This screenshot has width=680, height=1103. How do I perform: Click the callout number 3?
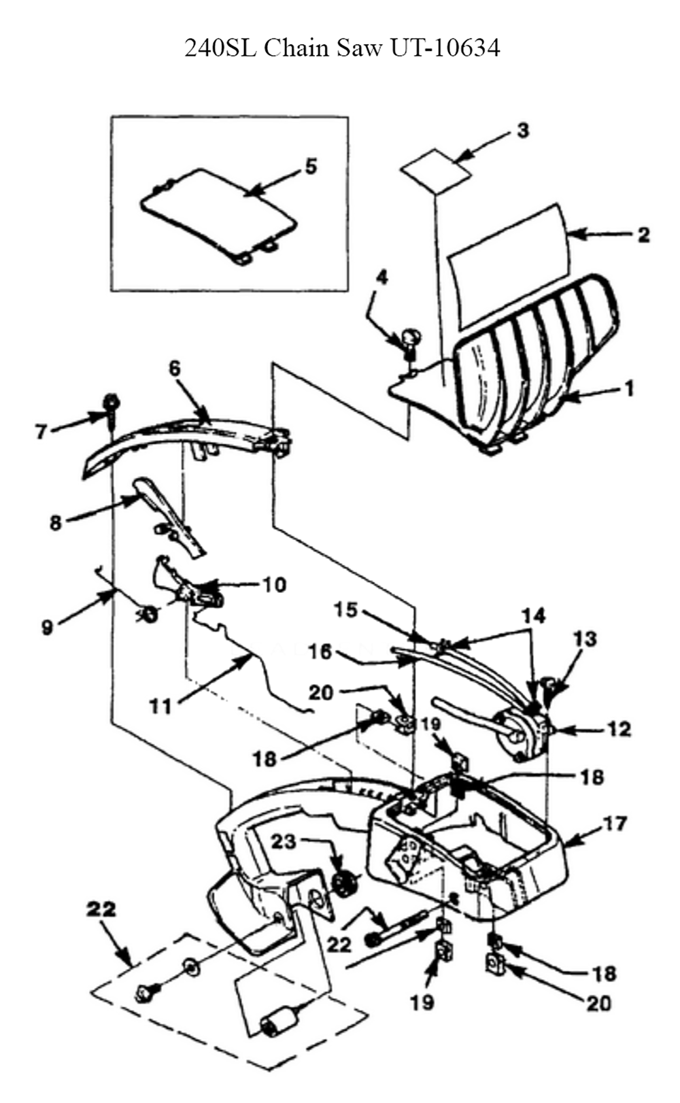522,130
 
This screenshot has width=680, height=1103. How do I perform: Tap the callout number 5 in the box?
311,166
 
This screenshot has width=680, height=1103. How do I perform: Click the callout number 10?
274,585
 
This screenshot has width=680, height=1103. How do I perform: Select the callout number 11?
160,707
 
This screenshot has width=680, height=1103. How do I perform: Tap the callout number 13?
585,639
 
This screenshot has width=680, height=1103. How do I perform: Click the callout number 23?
284,841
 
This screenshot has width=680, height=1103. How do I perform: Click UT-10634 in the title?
445,48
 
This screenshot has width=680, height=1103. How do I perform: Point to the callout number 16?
321,651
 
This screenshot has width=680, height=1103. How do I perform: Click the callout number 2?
643,235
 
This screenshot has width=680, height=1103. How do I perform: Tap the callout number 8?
56,522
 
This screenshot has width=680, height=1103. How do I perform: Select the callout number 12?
619,729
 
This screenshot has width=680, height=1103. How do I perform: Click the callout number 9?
48,628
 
